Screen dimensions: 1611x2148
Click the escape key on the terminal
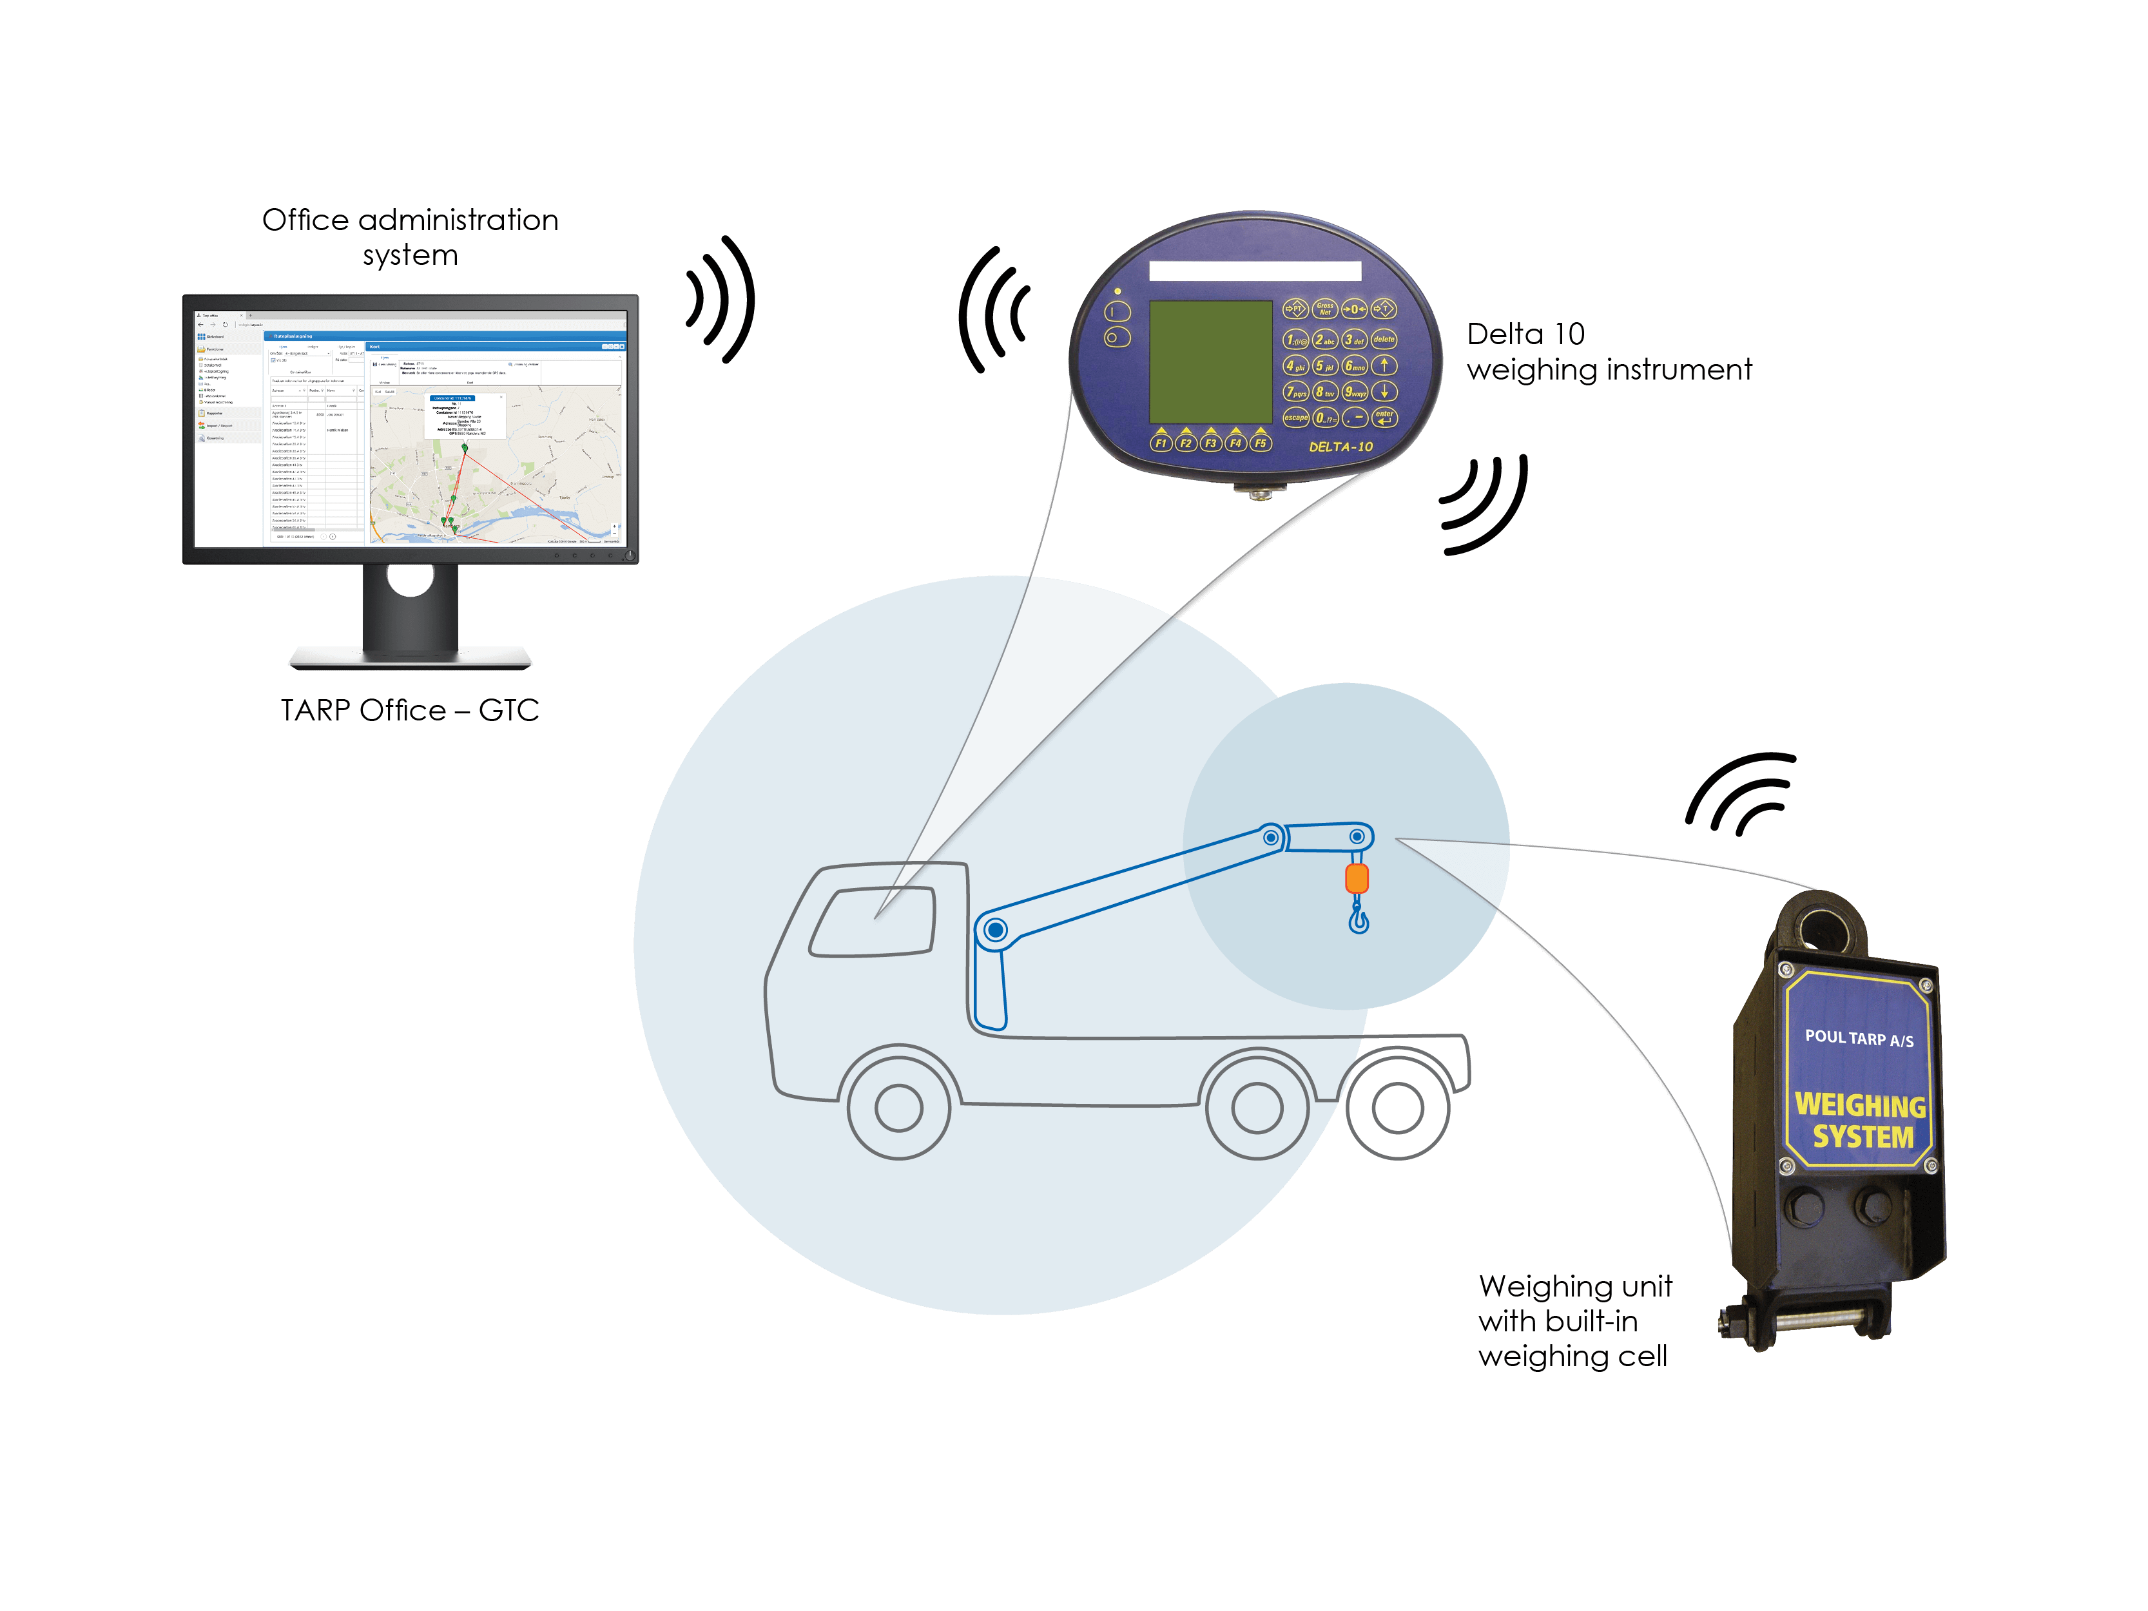tap(1295, 418)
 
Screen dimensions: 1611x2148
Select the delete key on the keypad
tap(1384, 339)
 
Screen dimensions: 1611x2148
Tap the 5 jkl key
tap(1324, 366)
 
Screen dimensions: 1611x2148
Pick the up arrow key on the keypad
tap(1384, 365)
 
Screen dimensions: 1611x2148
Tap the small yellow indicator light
tap(1118, 291)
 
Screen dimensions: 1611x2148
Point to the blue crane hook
tap(1359, 917)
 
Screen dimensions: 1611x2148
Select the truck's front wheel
tap(898, 1107)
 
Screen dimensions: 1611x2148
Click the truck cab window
tap(872, 921)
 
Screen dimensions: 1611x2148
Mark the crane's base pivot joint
tap(994, 931)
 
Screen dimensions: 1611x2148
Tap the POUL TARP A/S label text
tap(1859, 1038)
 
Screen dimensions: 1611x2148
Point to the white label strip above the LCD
tap(1255, 271)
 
